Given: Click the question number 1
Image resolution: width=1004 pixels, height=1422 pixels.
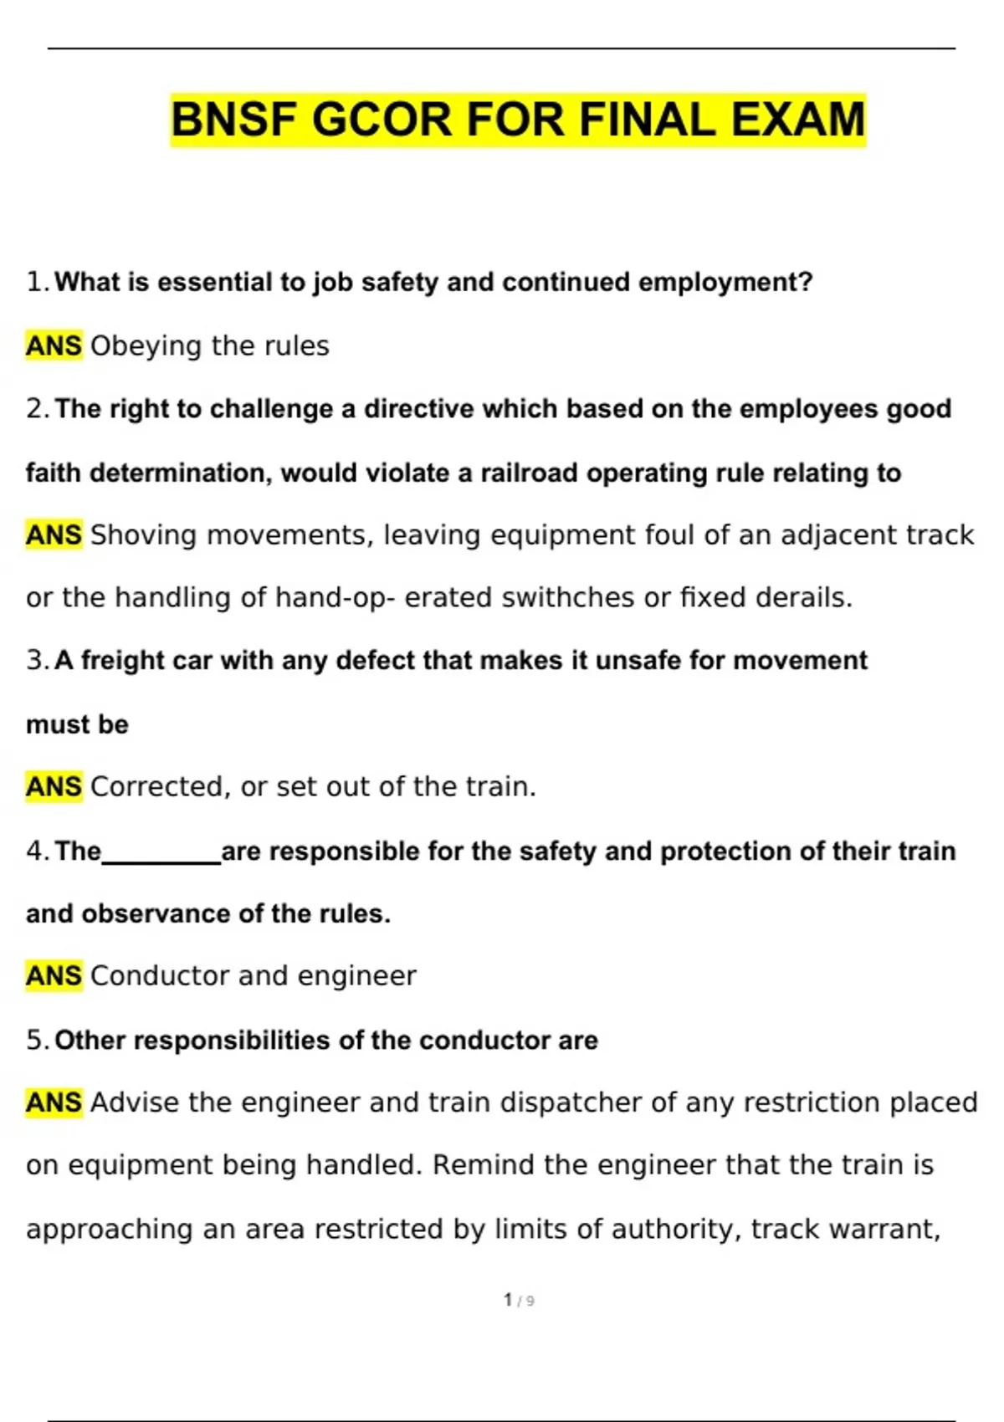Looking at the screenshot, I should coord(36,282).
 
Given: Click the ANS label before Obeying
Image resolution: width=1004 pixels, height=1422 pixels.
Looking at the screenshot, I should coord(54,345).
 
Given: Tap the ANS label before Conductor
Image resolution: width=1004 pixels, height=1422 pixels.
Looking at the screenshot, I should coord(54,975).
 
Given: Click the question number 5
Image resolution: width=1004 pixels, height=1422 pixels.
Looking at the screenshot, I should coord(36,1040).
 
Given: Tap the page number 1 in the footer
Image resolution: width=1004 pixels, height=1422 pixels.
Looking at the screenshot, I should coord(508,1299).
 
